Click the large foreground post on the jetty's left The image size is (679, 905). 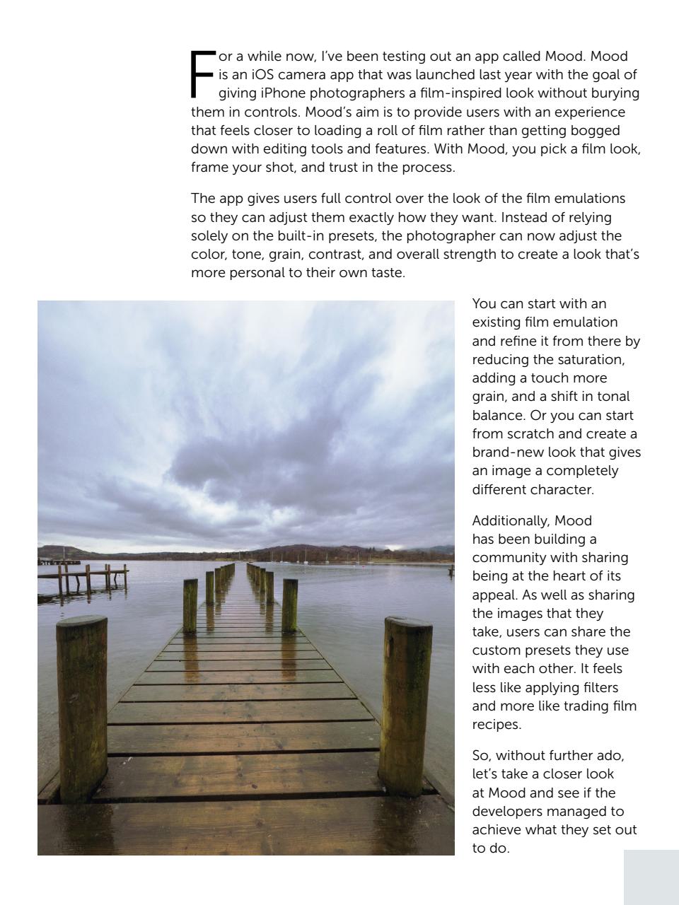click(x=82, y=707)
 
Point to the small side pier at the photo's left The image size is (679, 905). click(x=83, y=576)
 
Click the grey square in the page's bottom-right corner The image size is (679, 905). click(x=651, y=877)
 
